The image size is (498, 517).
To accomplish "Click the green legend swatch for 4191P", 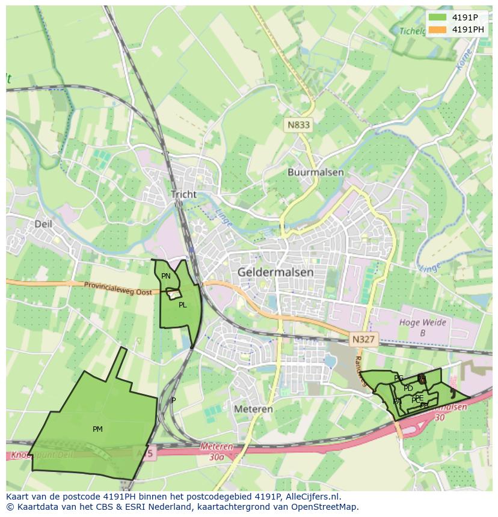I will (437, 17).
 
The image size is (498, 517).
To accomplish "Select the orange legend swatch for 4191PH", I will (437, 29).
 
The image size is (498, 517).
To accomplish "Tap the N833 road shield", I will (299, 125).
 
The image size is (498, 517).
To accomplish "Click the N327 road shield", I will (363, 339).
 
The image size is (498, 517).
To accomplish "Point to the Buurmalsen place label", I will (315, 172).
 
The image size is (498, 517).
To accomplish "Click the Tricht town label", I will (183, 195).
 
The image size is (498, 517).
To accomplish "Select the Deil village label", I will (43, 224).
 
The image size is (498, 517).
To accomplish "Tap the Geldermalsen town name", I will (275, 272).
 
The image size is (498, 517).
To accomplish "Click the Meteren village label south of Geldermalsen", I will (253, 409).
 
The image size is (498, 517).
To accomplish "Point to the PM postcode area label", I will (97, 429).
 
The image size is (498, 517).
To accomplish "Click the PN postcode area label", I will (166, 276).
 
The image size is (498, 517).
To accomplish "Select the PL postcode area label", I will (182, 305).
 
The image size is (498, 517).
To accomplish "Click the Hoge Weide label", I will (423, 322).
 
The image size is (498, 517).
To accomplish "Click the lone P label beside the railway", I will (174, 401).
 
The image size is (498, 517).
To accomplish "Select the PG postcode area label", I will (398, 378).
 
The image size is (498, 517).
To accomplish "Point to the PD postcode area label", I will (408, 389).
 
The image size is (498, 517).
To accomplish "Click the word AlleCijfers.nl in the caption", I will (311, 497).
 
